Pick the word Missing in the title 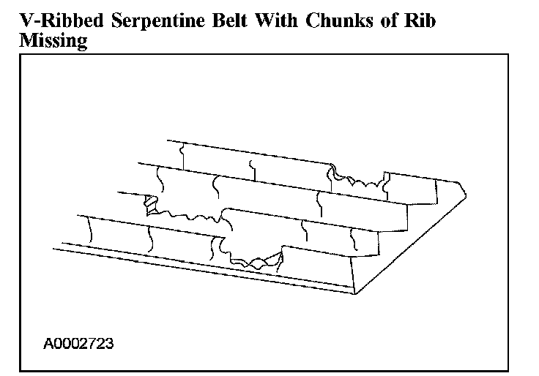(52, 41)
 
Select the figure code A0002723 (78, 342)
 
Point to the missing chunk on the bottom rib (256, 259)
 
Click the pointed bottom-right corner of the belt (356, 293)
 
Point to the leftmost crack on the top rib (181, 152)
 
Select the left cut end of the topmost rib (168, 140)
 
